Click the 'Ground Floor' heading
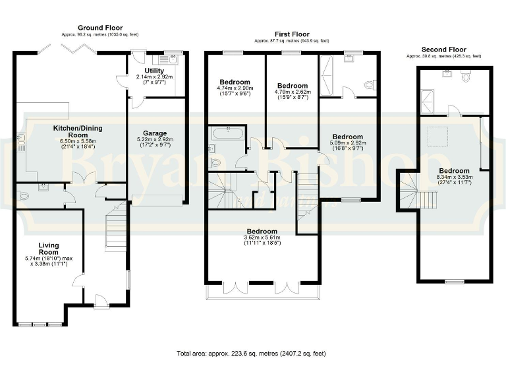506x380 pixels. (x=100, y=28)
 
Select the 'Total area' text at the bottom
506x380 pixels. (x=251, y=354)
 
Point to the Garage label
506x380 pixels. (x=155, y=133)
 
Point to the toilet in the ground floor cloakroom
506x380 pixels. (x=24, y=195)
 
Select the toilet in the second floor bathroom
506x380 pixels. (x=466, y=77)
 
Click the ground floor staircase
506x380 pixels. (x=116, y=228)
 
